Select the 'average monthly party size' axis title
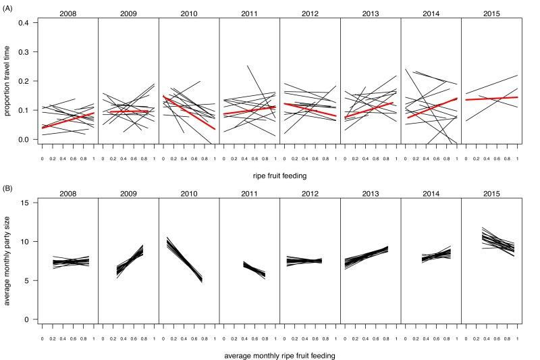click(9, 260)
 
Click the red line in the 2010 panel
click(188, 112)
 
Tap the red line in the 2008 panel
click(67, 120)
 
